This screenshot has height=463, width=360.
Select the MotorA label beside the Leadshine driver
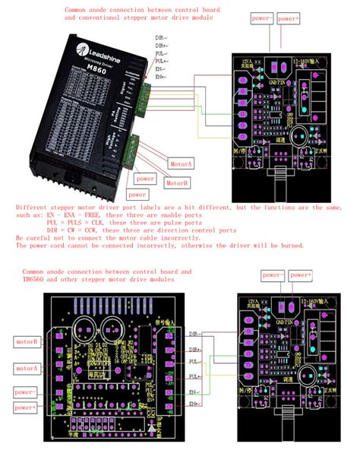pos(182,163)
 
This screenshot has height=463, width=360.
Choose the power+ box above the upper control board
pos(289,17)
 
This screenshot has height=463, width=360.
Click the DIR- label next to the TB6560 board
pos(194,333)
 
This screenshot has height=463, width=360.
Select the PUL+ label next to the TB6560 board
pos(194,376)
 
